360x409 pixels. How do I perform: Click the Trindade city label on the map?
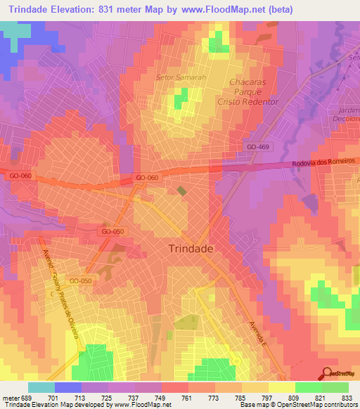pos(191,248)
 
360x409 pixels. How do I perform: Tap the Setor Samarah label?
pos(181,77)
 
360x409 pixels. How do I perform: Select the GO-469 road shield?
pos(258,146)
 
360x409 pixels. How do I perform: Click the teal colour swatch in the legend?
pos(41,387)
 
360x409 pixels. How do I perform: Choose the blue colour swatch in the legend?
pos(68,387)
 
